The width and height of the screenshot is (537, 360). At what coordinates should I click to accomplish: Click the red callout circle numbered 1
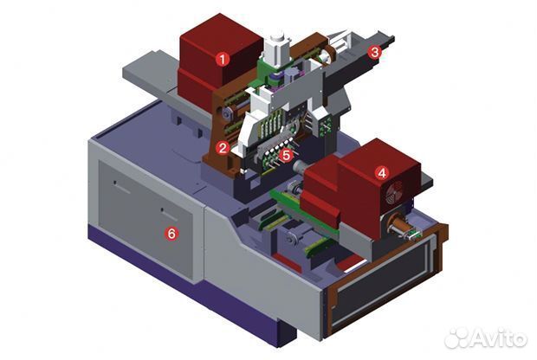[223, 60]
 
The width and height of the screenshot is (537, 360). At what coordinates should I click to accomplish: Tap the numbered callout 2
[223, 148]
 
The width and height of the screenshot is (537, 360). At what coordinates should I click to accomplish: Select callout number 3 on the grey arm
[375, 53]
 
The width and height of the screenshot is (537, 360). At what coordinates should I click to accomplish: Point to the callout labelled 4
[381, 173]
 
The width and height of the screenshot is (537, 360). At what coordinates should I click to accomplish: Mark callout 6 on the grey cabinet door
[171, 234]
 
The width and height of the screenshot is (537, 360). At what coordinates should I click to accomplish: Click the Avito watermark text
[499, 337]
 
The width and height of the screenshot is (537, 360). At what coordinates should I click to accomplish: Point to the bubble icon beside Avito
[457, 338]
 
